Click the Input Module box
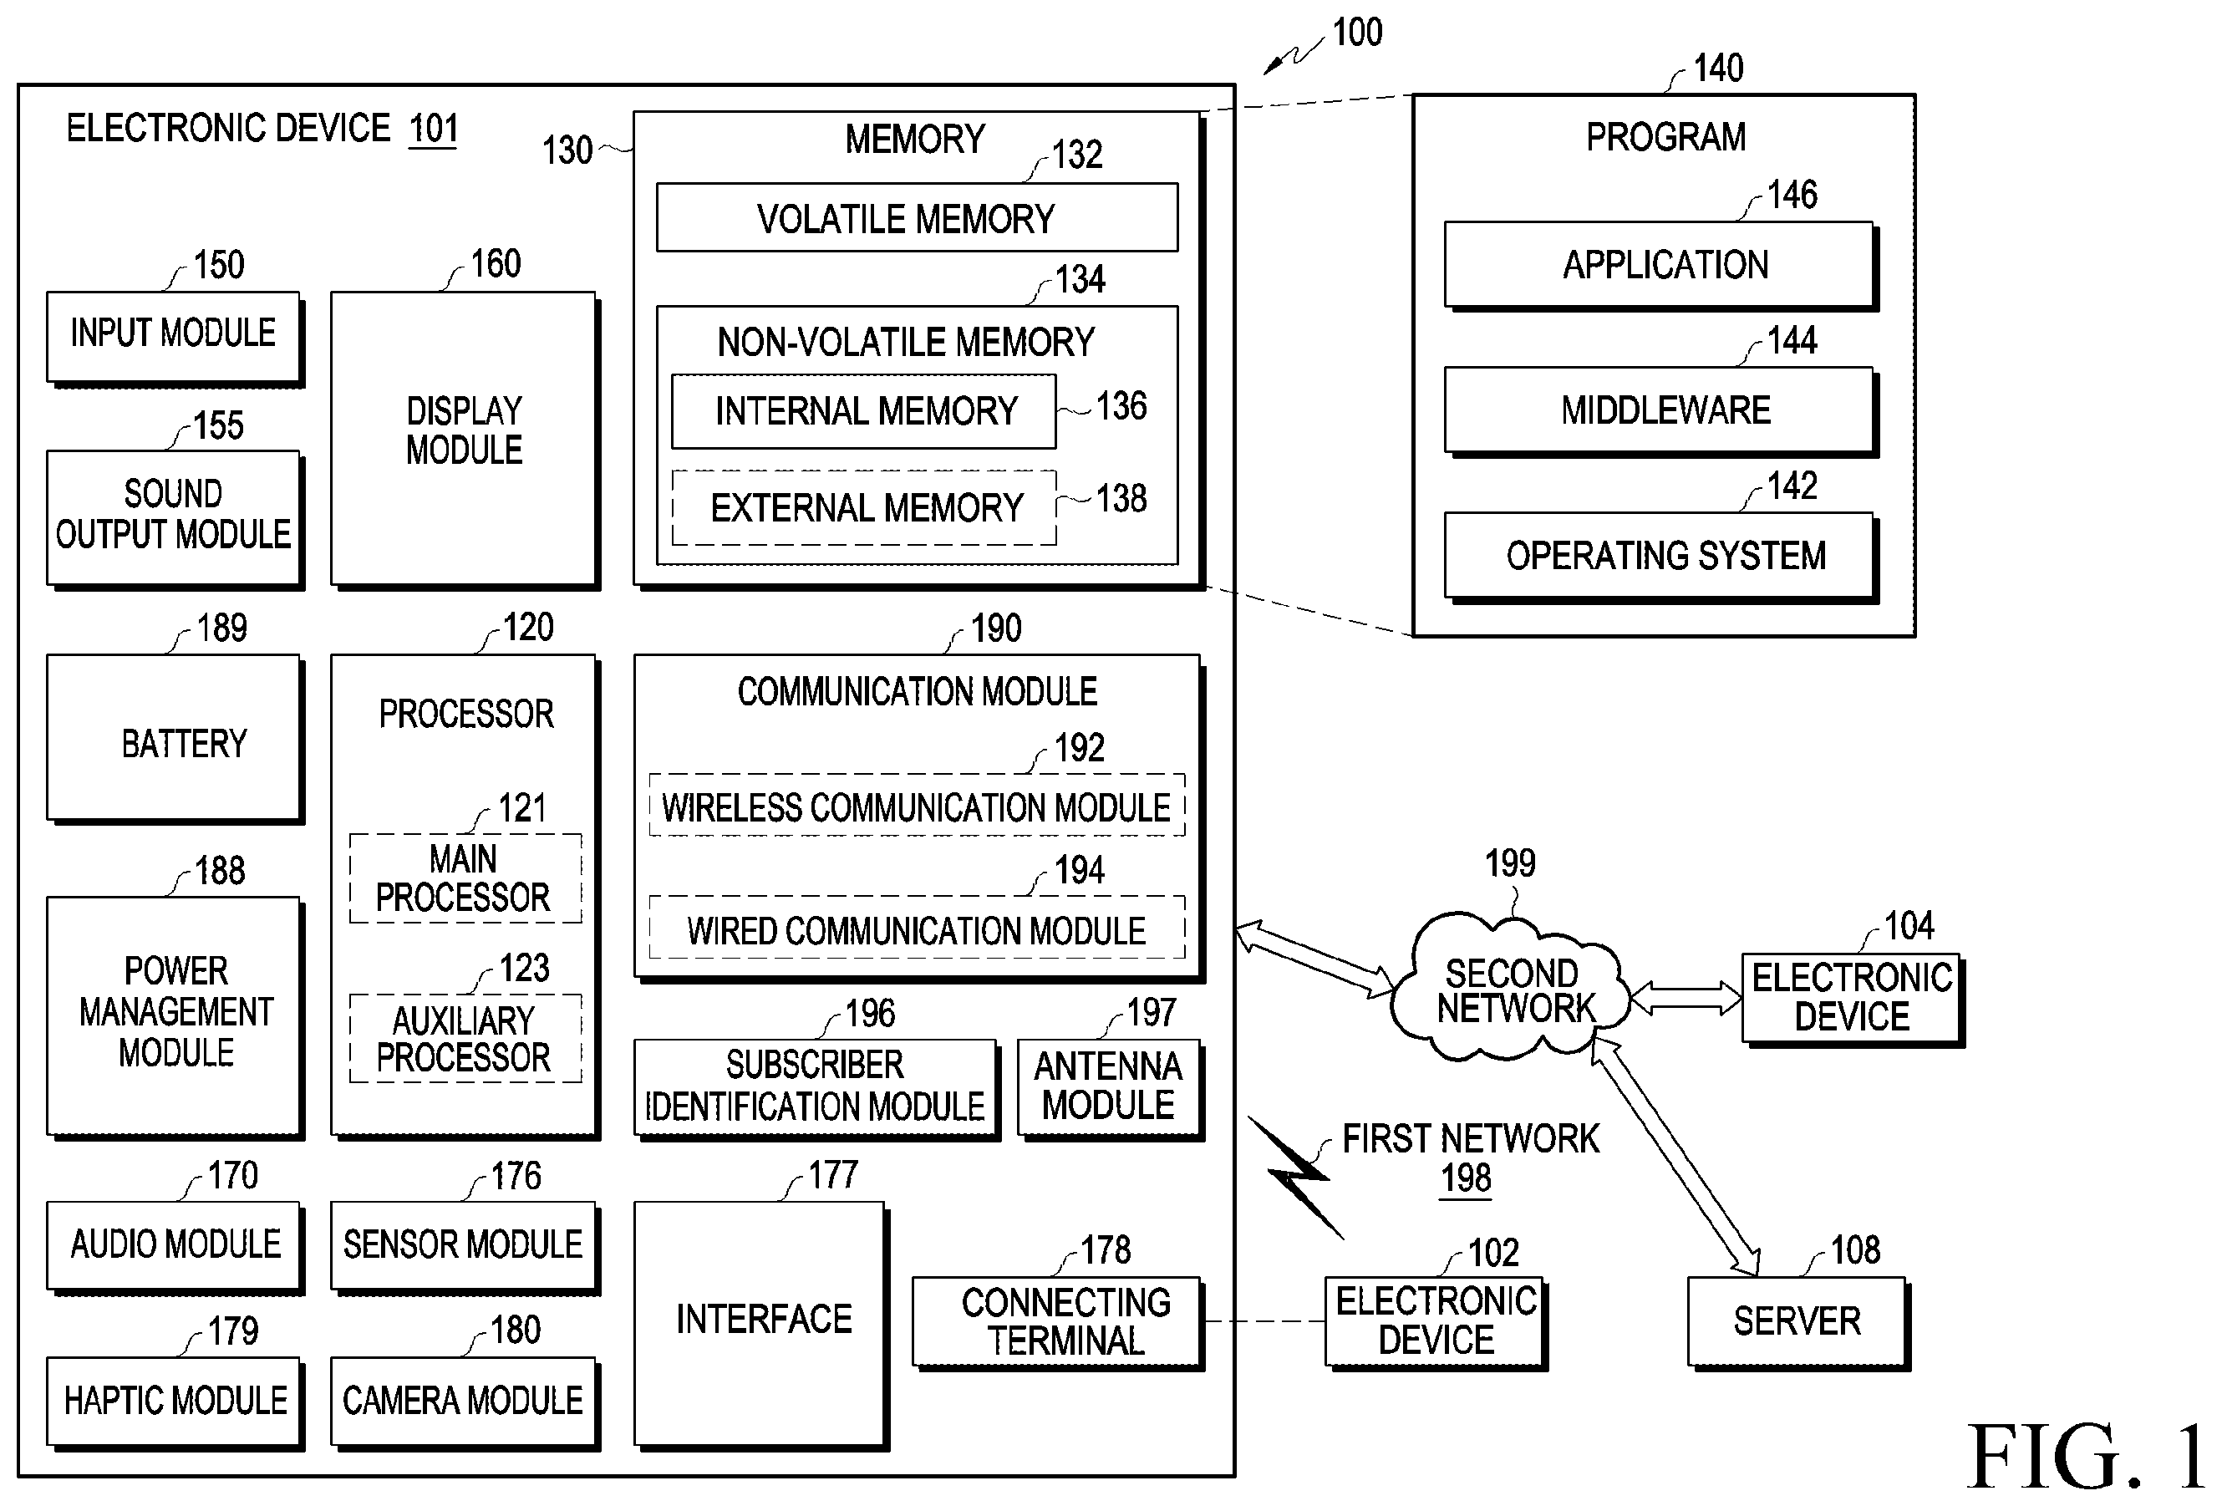coord(175,338)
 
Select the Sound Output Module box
coord(175,519)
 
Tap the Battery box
coord(175,739)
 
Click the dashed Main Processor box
coord(465,878)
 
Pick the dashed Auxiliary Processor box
coord(465,1039)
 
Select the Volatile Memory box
coord(917,217)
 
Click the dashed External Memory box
coord(864,508)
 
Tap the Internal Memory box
coord(864,411)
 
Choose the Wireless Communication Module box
coord(917,805)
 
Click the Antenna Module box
coord(1110,1088)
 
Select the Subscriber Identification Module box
coord(816,1088)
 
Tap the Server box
coord(1798,1322)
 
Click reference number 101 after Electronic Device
coord(433,129)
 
